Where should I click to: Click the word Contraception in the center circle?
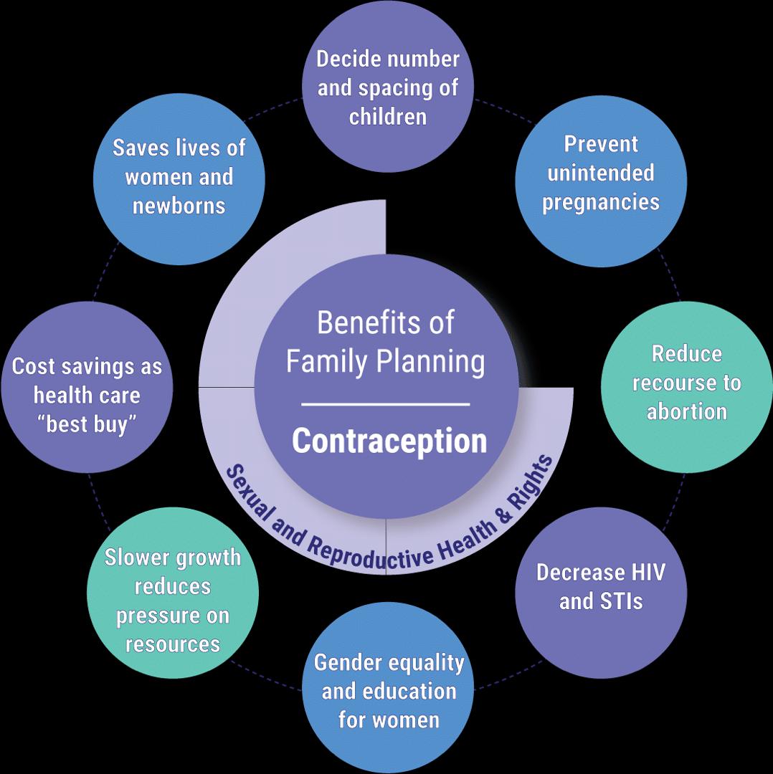389,441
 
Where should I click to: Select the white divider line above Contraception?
386,405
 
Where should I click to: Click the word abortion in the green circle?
687,411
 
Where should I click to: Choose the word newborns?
179,206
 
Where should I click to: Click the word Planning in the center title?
432,363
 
